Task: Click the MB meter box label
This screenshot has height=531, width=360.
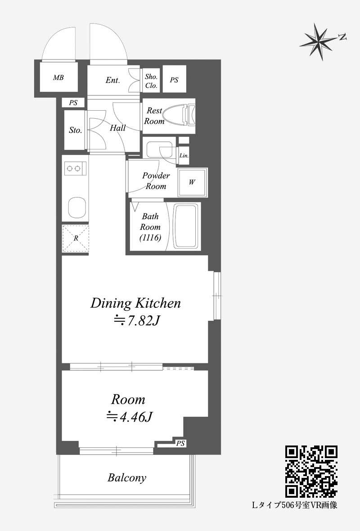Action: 58,77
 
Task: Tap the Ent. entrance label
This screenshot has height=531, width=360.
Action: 113,80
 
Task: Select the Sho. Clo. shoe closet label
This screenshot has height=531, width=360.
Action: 151,81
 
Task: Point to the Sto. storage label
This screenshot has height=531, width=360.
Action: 76,130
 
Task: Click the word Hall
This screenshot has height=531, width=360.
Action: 117,128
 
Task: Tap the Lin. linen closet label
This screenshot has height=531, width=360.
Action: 184,156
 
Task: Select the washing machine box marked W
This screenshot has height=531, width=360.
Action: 193,182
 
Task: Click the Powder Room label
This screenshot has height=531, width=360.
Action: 156,181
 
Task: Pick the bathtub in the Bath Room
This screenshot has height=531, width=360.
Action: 185,226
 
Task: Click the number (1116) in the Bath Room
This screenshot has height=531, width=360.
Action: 150,238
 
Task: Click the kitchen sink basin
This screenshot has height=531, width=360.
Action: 77,207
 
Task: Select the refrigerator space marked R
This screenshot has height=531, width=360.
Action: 76,238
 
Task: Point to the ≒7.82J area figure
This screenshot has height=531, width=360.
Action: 136,320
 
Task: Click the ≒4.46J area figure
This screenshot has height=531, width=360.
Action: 129,417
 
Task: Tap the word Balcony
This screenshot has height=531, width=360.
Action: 127,477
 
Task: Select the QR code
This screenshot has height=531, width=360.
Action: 311,472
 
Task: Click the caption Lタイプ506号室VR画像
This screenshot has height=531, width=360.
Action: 295,505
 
